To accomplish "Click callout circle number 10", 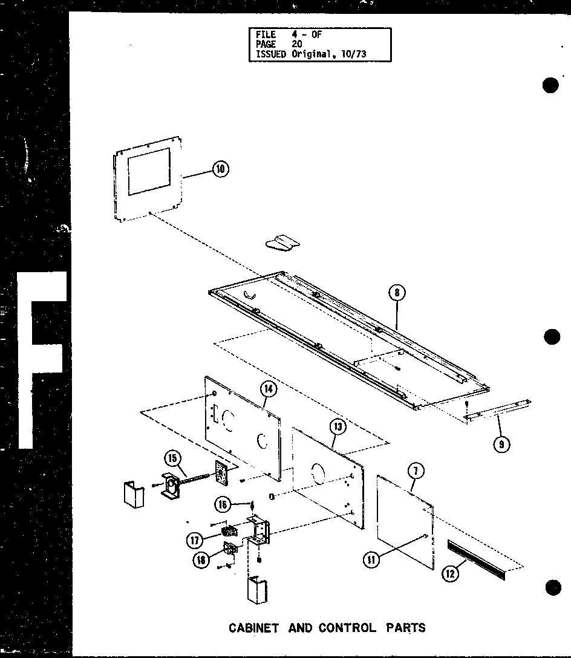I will tap(220, 170).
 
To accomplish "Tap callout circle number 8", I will tap(396, 293).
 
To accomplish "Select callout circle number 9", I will tap(501, 445).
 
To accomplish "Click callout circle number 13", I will tap(338, 428).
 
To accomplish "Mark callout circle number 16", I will tap(224, 503).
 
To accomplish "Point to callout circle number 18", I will tap(201, 561).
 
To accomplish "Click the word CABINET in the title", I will tap(254, 628).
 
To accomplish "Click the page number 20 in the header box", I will tap(298, 44).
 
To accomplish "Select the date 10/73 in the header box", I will tap(354, 54).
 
